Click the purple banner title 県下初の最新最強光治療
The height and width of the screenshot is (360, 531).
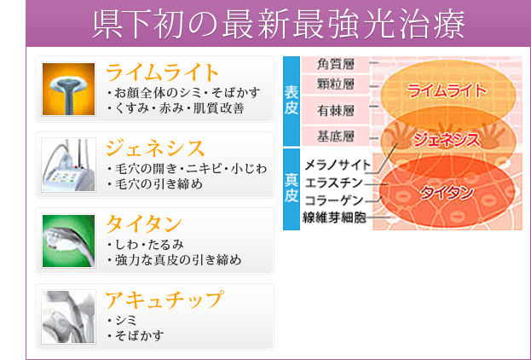coord(279,25)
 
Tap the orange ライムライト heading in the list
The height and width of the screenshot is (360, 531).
coord(162,73)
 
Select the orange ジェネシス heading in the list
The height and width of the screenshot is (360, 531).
coord(155,148)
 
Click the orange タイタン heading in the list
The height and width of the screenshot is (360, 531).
coord(144,224)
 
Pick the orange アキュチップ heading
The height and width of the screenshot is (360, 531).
coord(164,299)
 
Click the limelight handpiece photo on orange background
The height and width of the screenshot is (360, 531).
coord(69,90)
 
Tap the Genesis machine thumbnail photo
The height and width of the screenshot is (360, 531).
coord(69,165)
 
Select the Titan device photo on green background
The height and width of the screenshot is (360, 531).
coord(69,241)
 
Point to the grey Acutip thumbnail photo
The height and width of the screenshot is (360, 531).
coord(69,317)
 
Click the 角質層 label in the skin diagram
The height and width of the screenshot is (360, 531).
coord(335,64)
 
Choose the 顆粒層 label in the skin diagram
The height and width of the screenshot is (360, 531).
coord(335,84)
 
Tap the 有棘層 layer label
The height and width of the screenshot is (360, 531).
coord(335,111)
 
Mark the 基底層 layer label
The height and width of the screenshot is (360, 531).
coord(335,136)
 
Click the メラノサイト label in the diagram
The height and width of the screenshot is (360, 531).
coord(338,165)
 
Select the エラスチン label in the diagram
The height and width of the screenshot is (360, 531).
coord(333,183)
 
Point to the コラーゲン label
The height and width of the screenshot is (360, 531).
coord(333,200)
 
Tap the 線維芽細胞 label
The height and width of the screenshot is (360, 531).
coord(334,218)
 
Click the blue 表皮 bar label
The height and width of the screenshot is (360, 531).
coord(291,101)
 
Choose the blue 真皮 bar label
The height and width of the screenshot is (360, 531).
coord(291,188)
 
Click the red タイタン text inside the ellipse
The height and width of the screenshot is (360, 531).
coord(447,193)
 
